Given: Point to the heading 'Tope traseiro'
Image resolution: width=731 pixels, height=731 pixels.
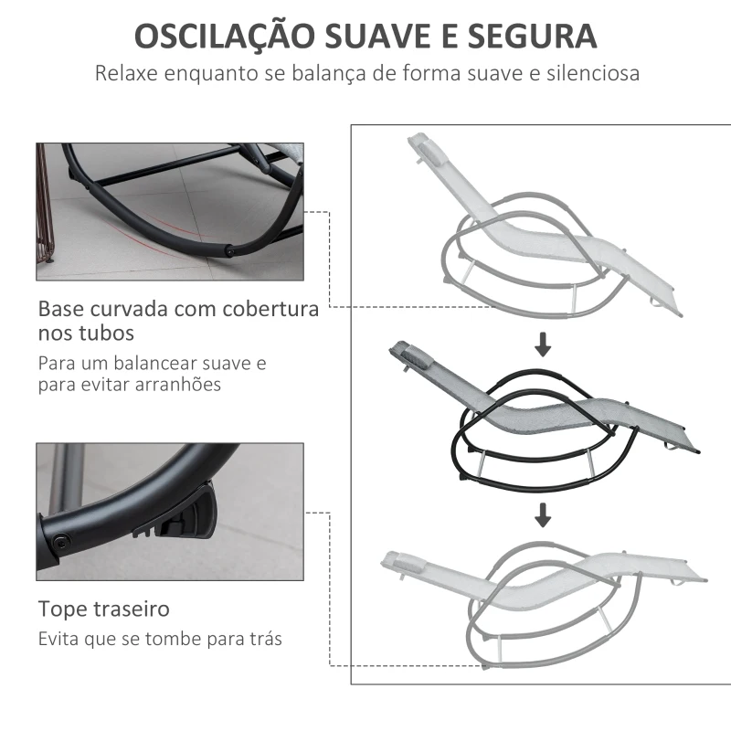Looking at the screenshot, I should coord(103,609).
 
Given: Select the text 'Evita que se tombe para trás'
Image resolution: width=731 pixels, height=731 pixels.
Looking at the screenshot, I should coord(160,639).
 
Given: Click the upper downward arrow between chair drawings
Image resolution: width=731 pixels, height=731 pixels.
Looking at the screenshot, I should coord(543,344).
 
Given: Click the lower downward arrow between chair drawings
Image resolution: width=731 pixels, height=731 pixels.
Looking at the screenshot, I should coord(543,515).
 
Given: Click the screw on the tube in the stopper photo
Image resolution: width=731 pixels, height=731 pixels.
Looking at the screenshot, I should coord(62,542).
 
